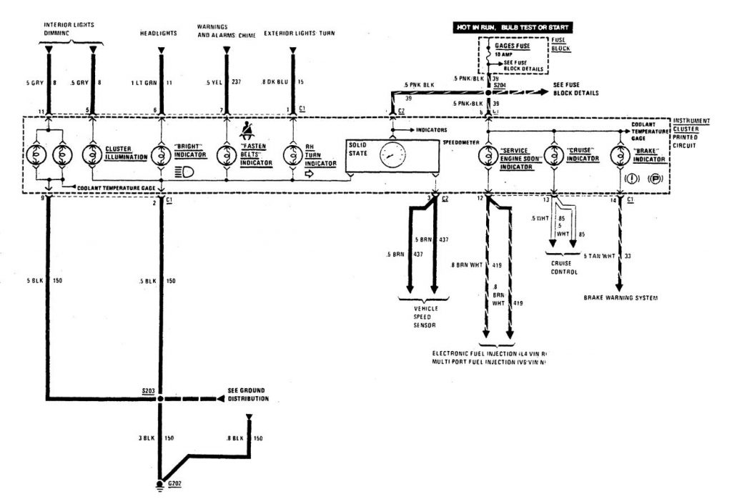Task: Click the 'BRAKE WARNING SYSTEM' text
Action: (620, 296)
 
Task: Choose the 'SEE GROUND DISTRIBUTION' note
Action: (248, 394)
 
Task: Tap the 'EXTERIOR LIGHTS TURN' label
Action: (300, 34)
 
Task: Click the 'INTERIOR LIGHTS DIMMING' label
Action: (69, 29)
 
